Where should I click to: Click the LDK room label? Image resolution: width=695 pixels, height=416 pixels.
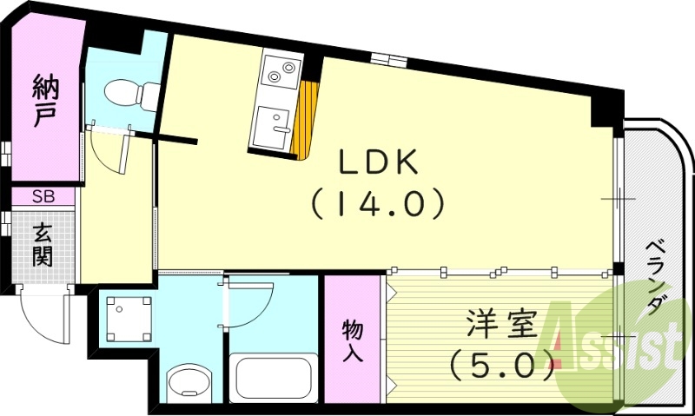coord(378,162)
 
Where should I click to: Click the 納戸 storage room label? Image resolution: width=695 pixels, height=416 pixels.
coord(45,101)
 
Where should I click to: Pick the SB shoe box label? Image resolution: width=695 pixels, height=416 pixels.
coord(43,196)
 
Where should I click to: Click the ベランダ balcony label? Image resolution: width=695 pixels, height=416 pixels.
coord(655,277)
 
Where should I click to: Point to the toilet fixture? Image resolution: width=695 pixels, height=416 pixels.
coord(132,95)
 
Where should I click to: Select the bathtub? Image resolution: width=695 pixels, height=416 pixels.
coord(273,377)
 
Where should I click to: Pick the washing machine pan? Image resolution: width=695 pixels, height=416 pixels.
coord(129,319)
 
